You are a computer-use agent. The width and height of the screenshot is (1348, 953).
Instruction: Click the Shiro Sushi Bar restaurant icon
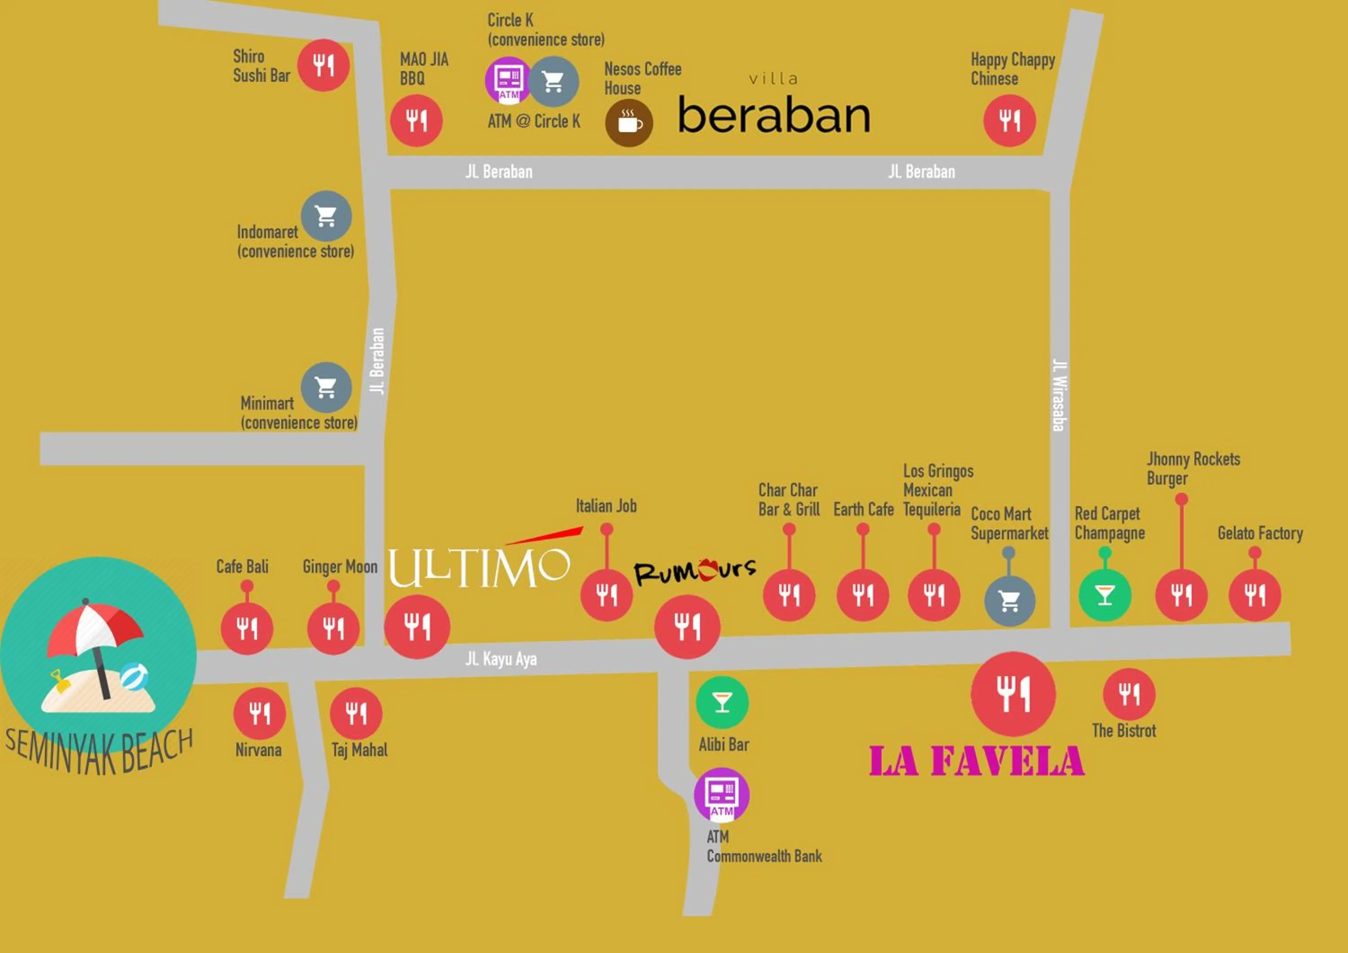[x=323, y=65]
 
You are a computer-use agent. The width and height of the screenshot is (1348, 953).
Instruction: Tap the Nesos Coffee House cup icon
[x=629, y=123]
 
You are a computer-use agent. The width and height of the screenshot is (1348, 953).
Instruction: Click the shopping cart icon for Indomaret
[x=326, y=216]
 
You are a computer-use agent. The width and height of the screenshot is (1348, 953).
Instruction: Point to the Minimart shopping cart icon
[x=326, y=387]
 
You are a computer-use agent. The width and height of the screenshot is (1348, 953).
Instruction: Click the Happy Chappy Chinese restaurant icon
[x=1009, y=121]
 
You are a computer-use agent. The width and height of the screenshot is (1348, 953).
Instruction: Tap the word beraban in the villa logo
[x=773, y=116]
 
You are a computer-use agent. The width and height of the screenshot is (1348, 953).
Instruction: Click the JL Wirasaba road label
[x=1059, y=395]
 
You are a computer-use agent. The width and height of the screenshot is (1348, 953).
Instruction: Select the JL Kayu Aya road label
[x=501, y=659]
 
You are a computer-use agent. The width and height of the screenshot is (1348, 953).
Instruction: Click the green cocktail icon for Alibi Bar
[x=722, y=702]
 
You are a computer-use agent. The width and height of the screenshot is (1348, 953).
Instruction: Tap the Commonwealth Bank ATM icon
[x=722, y=794]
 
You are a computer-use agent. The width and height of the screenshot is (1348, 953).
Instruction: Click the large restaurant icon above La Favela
[x=1013, y=694]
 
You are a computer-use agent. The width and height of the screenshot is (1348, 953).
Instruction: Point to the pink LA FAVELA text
[x=976, y=762]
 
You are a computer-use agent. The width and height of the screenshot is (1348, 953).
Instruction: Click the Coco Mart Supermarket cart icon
[x=1009, y=601]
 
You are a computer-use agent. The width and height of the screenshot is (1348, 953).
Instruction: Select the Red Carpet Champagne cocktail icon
[x=1104, y=595]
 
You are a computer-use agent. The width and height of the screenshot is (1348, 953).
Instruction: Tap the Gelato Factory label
[x=1260, y=533]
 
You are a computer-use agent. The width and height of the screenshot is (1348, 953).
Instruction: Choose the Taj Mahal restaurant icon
[x=356, y=713]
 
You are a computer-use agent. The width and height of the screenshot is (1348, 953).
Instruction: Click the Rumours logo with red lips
[x=695, y=571]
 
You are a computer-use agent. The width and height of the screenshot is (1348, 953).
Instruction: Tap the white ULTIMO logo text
[x=479, y=567]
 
